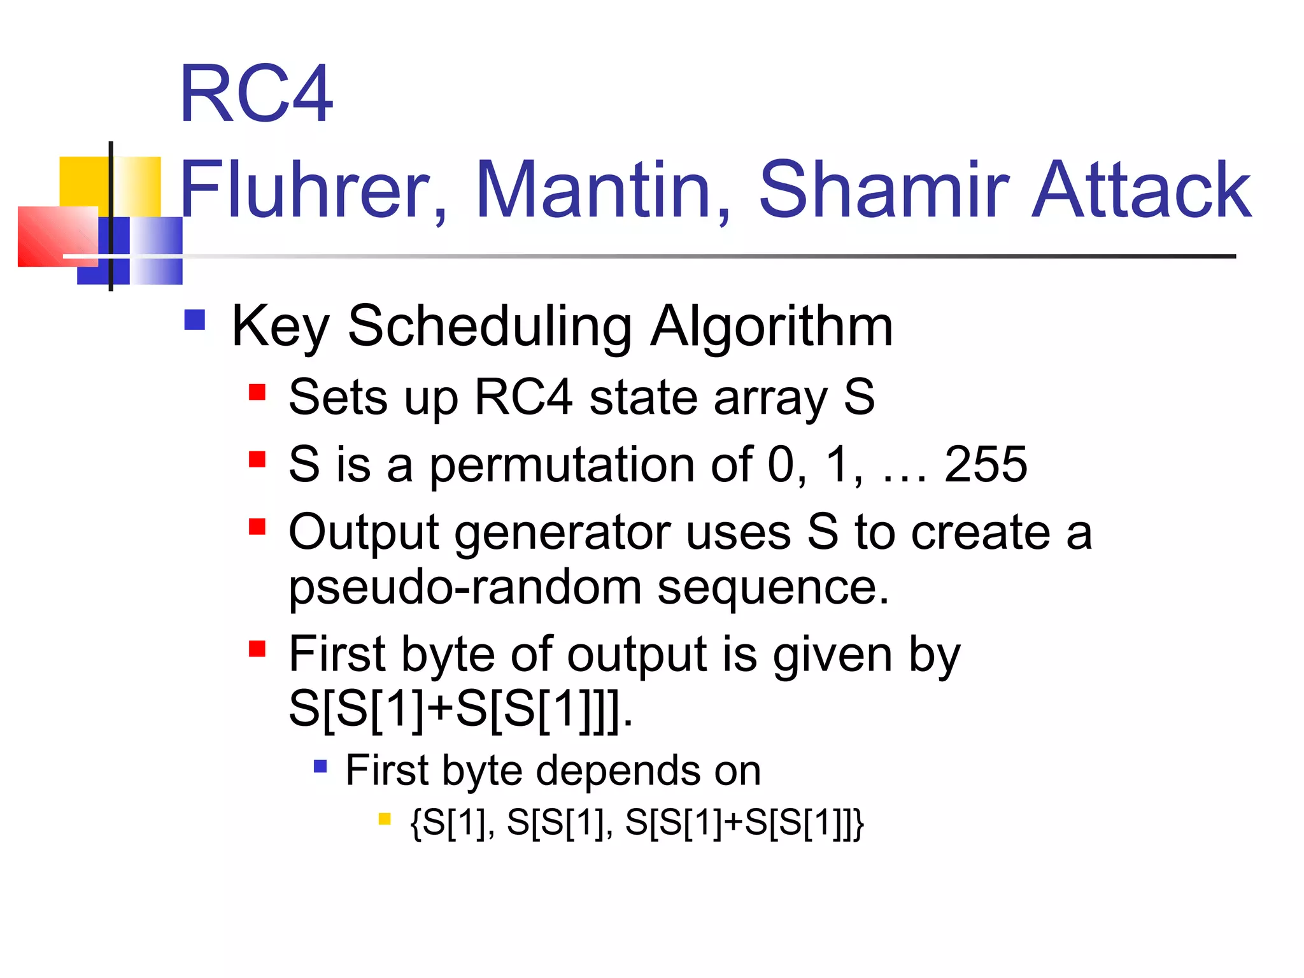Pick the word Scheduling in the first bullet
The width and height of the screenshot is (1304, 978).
[490, 327]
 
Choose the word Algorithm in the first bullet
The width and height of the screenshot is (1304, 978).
[771, 327]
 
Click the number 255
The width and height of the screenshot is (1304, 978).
[985, 464]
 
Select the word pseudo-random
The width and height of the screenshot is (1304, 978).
[465, 587]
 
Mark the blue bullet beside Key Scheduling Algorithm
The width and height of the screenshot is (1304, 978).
[194, 320]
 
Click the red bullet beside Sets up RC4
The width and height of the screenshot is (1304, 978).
[257, 392]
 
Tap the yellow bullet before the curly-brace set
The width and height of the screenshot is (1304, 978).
[384, 819]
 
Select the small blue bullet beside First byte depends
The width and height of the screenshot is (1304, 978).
[320, 766]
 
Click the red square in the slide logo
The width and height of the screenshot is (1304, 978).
[57, 236]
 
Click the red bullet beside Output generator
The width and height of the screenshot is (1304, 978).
[257, 527]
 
